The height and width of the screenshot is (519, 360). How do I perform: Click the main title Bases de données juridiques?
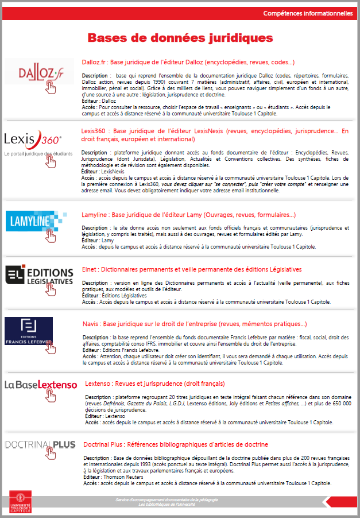point(180,38)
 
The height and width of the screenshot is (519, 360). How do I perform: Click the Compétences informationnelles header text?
point(308,13)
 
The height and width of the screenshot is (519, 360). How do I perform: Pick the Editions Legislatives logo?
point(40,275)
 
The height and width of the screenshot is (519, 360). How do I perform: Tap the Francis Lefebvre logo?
point(29,331)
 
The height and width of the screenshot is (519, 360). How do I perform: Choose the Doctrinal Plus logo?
point(40,444)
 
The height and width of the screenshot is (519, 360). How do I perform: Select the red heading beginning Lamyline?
point(189,215)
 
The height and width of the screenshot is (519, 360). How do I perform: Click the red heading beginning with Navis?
point(195,324)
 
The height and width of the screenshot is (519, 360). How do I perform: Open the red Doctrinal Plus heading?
point(176,444)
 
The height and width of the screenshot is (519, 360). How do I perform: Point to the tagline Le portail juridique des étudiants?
point(38,153)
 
